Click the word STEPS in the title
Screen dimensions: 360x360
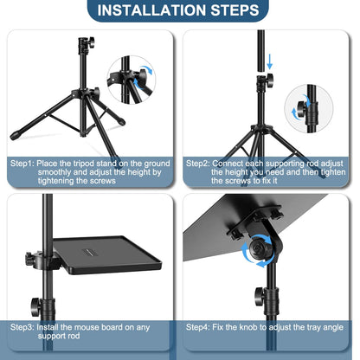pyautogui.click(x=231, y=11)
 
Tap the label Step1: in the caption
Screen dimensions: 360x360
pyautogui.click(x=23, y=162)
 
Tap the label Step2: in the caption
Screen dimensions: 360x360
pyautogui.click(x=199, y=162)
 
